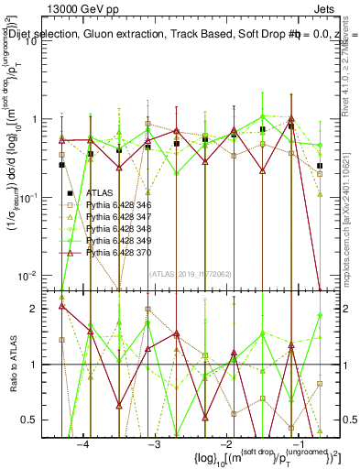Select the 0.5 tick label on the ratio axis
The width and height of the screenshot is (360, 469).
[x=38, y=420]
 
